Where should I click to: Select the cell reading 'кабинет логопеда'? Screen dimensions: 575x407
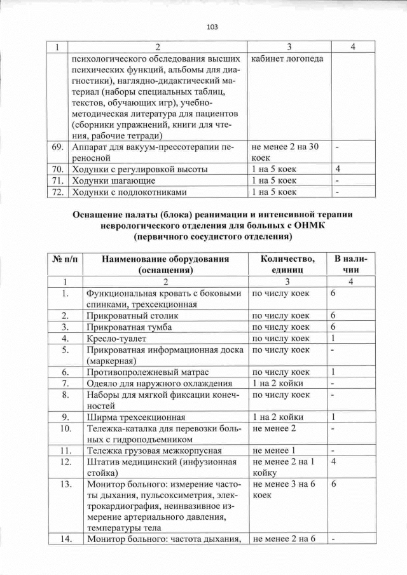point(287,59)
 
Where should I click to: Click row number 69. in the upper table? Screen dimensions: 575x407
point(58,147)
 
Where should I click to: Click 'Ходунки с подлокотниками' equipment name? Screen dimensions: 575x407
point(128,192)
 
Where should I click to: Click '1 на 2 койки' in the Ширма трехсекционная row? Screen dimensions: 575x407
point(278,417)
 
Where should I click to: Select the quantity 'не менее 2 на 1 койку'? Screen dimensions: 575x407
point(284,468)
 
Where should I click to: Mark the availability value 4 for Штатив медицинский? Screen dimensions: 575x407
point(333,462)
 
